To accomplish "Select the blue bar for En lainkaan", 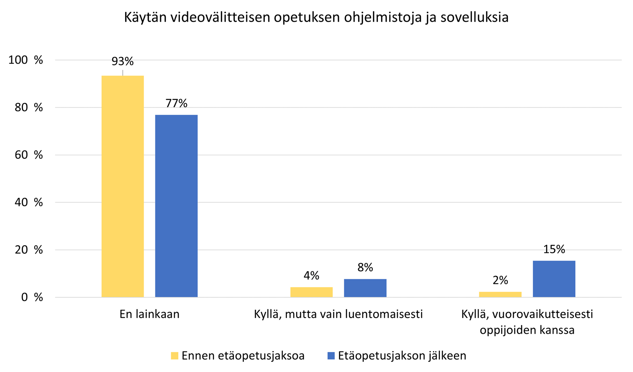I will [x=176, y=206].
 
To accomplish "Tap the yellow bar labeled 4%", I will [x=311, y=292].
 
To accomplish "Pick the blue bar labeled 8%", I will [x=365, y=288].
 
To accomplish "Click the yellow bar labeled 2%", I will [x=500, y=294].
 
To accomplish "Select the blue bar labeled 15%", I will [x=554, y=279].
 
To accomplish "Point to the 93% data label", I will [x=122, y=62].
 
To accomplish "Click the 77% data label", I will [x=176, y=103].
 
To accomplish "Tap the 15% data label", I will [x=554, y=250].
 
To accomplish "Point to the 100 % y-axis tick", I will [x=25, y=60].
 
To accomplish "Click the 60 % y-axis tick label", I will [x=29, y=155].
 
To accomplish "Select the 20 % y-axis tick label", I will [x=29, y=250].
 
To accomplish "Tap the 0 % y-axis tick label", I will [x=32, y=298].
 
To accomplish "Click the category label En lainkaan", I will [x=149, y=314].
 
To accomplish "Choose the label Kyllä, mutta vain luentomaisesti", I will [x=338, y=314].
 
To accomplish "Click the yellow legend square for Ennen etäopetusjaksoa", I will [x=174, y=356].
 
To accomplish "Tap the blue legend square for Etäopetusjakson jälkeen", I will [x=331, y=356].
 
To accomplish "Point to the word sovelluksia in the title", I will [x=474, y=18].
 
